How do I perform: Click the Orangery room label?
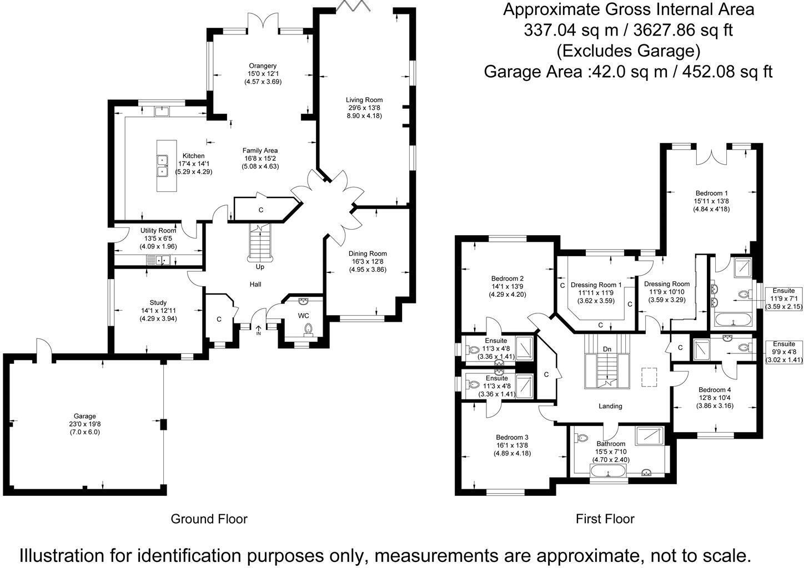click(x=263, y=66)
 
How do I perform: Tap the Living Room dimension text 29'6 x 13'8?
click(x=364, y=108)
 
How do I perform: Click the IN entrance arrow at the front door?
click(x=258, y=330)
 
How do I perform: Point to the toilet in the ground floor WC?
click(x=308, y=328)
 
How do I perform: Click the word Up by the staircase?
click(x=260, y=267)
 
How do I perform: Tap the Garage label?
click(x=85, y=416)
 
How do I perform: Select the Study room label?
click(x=158, y=303)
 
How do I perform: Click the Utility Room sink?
click(x=158, y=260)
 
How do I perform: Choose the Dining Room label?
click(x=368, y=254)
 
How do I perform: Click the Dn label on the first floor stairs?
click(x=607, y=349)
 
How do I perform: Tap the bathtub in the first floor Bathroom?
click(x=609, y=471)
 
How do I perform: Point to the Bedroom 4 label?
click(x=715, y=390)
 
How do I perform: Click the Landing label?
click(x=610, y=406)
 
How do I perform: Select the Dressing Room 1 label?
click(x=596, y=285)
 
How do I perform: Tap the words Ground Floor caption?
click(x=209, y=519)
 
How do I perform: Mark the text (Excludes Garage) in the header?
click(x=628, y=51)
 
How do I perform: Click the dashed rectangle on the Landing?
click(x=649, y=377)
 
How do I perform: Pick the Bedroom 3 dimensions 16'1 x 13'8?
click(x=512, y=445)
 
